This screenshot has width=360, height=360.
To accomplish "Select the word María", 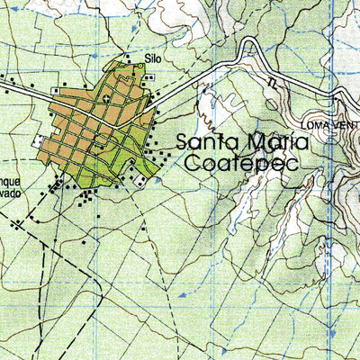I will pyautogui.click(x=274, y=142).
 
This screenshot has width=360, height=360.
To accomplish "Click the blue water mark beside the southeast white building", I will pyautogui.click(x=158, y=180).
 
